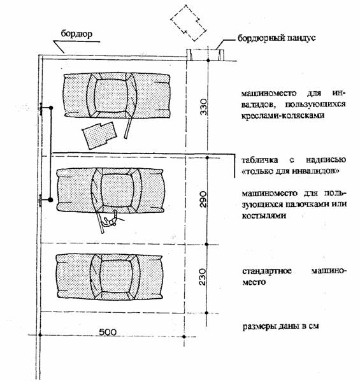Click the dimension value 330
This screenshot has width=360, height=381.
pyautogui.click(x=203, y=106)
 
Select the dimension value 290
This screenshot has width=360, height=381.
pyautogui.click(x=203, y=199)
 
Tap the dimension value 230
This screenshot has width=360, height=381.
pyautogui.click(x=203, y=277)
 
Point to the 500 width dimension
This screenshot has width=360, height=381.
pyautogui.click(x=108, y=332)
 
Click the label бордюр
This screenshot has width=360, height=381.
pyautogui.click(x=76, y=34)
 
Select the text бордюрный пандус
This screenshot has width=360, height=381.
pyautogui.click(x=277, y=38)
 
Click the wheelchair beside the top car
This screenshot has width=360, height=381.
pyautogui.click(x=99, y=135)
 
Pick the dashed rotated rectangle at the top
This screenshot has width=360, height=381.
pyautogui.click(x=189, y=23)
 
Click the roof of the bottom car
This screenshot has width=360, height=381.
pyautogui.click(x=116, y=277)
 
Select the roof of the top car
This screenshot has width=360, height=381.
pyautogui.click(x=111, y=96)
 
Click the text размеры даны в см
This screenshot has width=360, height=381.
pyautogui.click(x=281, y=326)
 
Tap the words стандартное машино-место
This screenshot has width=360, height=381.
pyautogui.click(x=294, y=277)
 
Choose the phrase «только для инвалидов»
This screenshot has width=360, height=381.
pyautogui.click(x=291, y=171)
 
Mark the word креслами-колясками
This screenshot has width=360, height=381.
pyautogui.click(x=283, y=115)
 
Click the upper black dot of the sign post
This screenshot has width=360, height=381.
pyautogui.click(x=51, y=108)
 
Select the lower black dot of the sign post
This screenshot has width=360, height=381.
pyautogui.click(x=50, y=199)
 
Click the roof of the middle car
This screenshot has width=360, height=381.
pyautogui.click(x=117, y=190)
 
